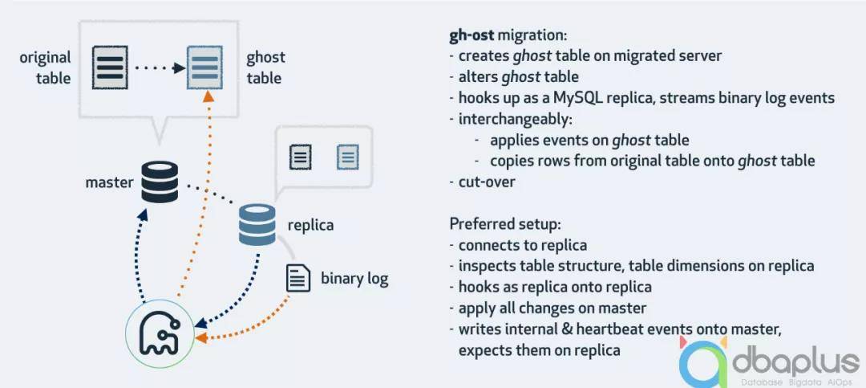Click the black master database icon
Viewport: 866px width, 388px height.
160,182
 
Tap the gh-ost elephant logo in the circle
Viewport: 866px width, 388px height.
164,333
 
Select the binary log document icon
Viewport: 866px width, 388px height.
298,278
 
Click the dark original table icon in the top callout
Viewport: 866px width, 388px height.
110,67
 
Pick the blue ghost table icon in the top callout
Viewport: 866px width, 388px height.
204,67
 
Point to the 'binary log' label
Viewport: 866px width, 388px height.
354,279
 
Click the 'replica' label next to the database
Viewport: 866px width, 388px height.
310,225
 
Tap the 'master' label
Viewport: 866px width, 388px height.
109,182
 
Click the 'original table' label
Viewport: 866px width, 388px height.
45,67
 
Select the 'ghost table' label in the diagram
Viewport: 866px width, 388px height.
265,67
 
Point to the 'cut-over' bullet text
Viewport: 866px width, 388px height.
487,182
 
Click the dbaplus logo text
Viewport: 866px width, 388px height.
793,362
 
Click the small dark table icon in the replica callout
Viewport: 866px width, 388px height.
301,156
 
